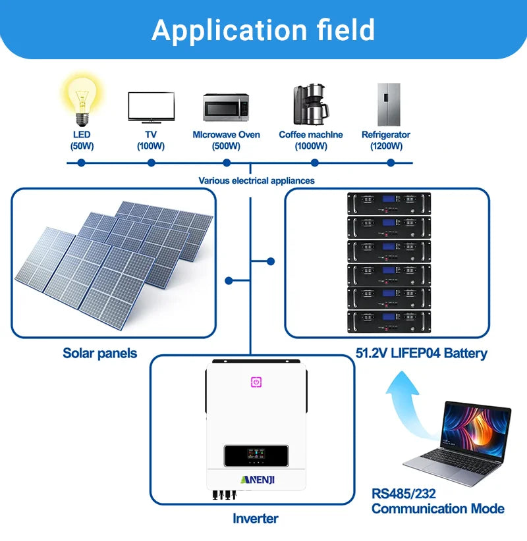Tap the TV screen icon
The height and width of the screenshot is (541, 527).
tap(151, 106)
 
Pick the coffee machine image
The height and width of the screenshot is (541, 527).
tap(310, 103)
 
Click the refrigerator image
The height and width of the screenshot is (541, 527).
tap(389, 104)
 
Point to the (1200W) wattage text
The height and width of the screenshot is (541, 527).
tap(386, 146)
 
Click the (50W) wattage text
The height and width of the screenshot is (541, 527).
tap(82, 146)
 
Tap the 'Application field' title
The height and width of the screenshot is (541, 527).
tap(263, 30)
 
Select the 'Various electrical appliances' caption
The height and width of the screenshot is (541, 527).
tap(257, 180)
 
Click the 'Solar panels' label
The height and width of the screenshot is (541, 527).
tap(100, 353)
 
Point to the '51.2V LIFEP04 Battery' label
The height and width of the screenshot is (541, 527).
tap(422, 353)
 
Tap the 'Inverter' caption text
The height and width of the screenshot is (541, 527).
tap(256, 519)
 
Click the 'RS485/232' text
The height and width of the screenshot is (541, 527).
tap(404, 493)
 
